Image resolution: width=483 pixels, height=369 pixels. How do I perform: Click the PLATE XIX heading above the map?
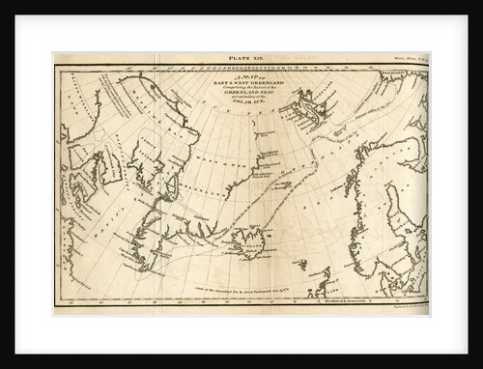[x=241, y=59]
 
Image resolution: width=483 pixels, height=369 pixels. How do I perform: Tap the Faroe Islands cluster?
[x=302, y=264]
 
